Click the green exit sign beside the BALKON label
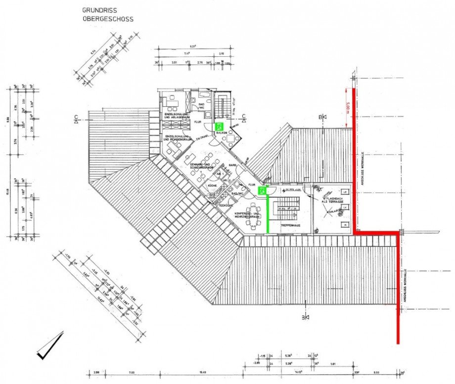tap(219, 126)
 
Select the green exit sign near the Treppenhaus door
tap(263, 190)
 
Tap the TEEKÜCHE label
tap(226, 205)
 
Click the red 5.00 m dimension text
tap(349, 106)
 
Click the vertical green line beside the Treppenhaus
tap(268, 213)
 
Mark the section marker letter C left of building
tap(76, 118)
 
